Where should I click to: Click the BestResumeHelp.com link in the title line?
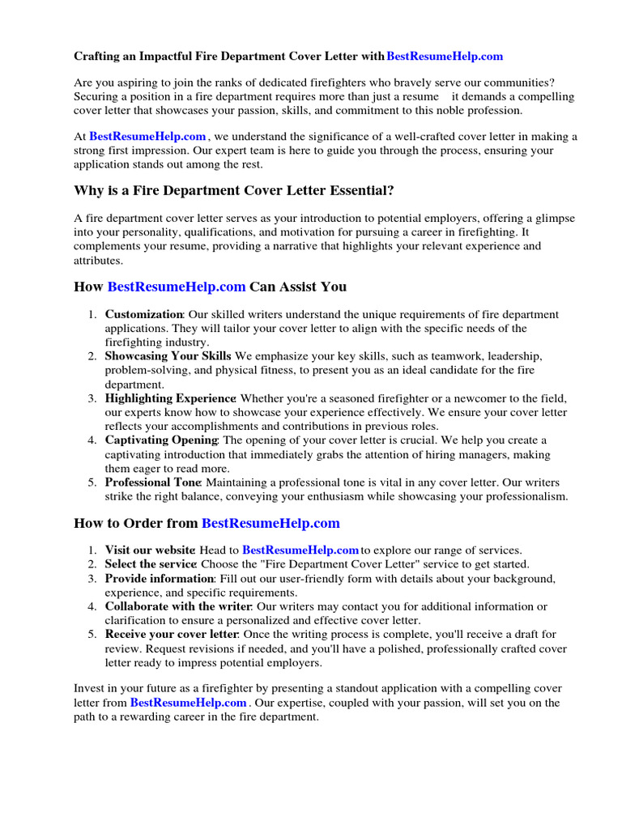pyautogui.click(x=445, y=57)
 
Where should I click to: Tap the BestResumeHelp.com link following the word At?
pyautogui.click(x=147, y=137)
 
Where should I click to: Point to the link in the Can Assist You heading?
pyautogui.click(x=177, y=287)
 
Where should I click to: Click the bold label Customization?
pyautogui.click(x=143, y=314)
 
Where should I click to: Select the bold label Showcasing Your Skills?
pyautogui.click(x=168, y=356)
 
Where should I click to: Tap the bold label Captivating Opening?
pyautogui.click(x=160, y=440)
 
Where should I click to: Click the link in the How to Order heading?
pyautogui.click(x=271, y=523)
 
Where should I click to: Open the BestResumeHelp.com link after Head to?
pyautogui.click(x=300, y=551)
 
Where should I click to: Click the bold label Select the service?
pyautogui.click(x=150, y=564)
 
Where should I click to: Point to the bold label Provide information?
pyautogui.click(x=159, y=579)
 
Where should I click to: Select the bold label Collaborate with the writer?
pyautogui.click(x=178, y=606)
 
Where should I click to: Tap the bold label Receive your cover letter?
pyautogui.click(x=172, y=635)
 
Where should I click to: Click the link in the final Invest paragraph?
pyautogui.click(x=188, y=703)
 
